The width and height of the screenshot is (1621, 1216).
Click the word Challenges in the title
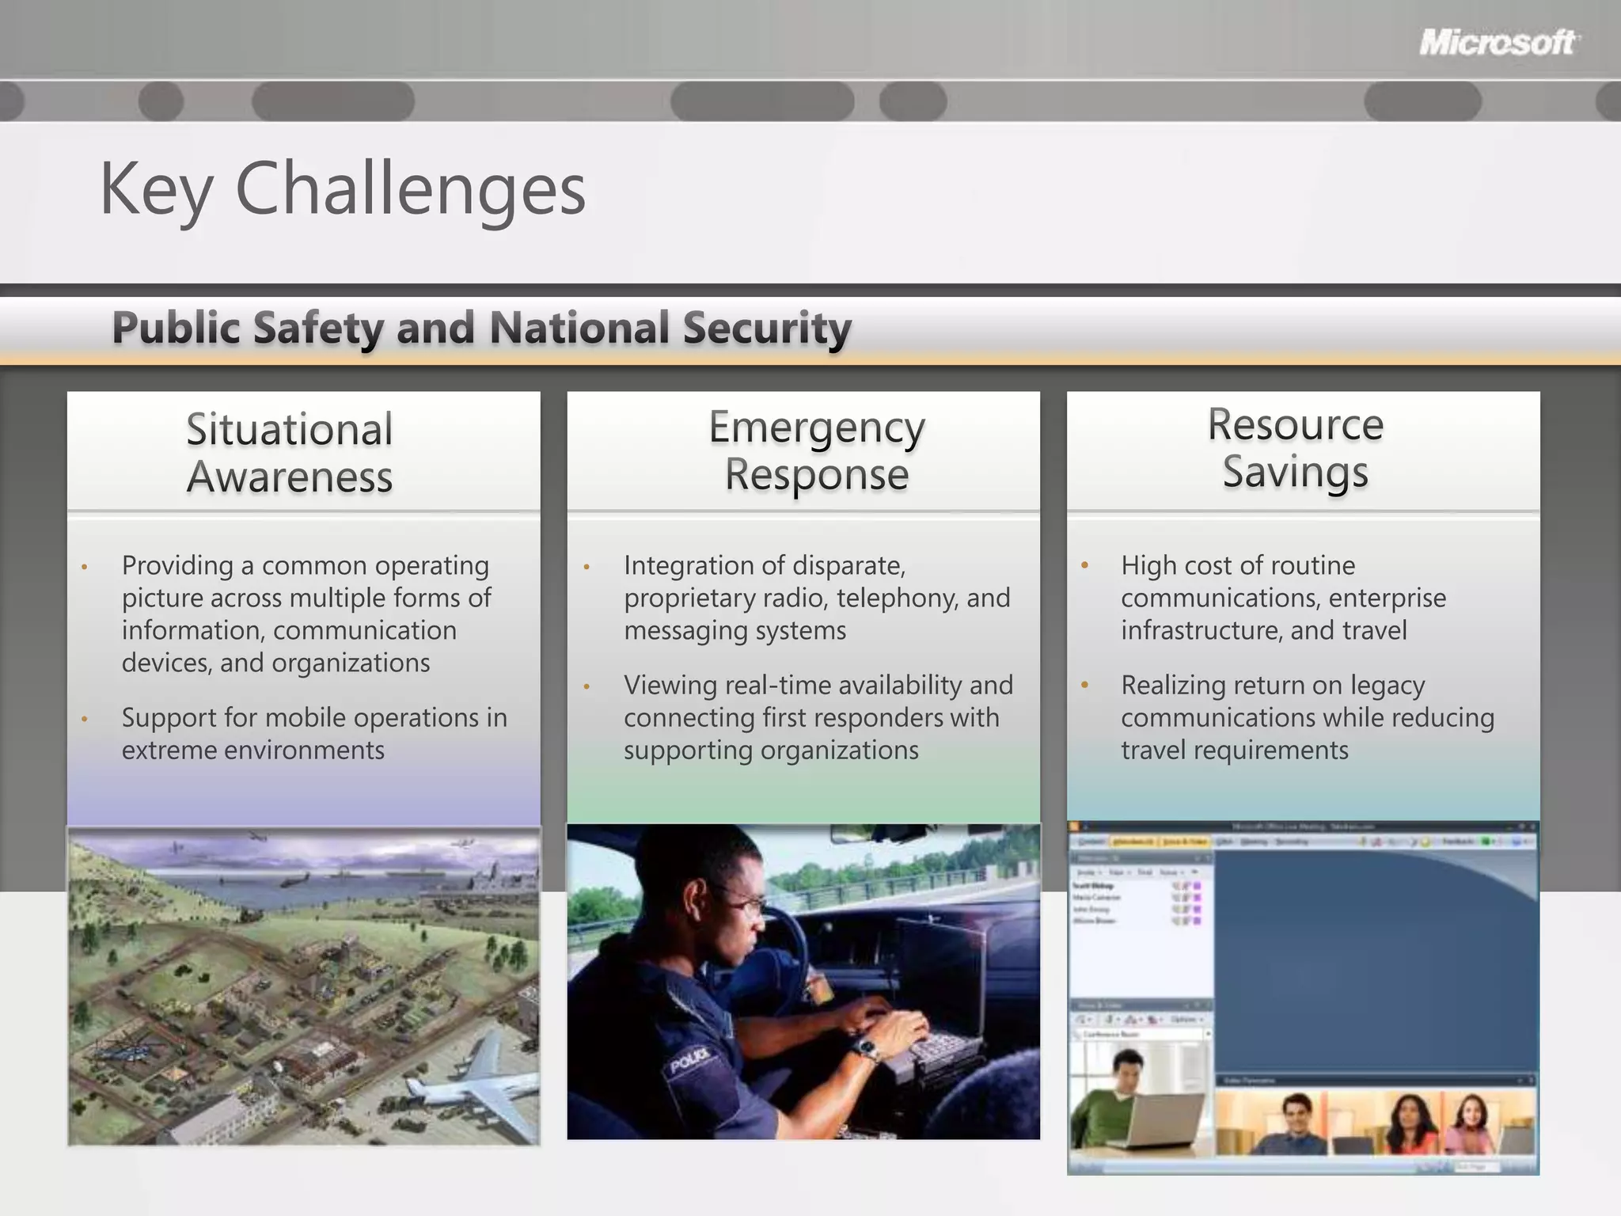click(410, 190)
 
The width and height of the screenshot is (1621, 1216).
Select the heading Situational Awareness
click(290, 453)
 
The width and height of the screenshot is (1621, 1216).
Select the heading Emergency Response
click(816, 450)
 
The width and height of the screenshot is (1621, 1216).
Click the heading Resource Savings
click(1295, 448)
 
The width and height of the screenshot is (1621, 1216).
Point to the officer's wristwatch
click(867, 1051)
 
